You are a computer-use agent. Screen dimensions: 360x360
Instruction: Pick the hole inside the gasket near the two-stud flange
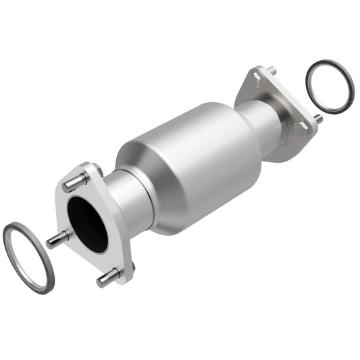click(330, 86)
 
